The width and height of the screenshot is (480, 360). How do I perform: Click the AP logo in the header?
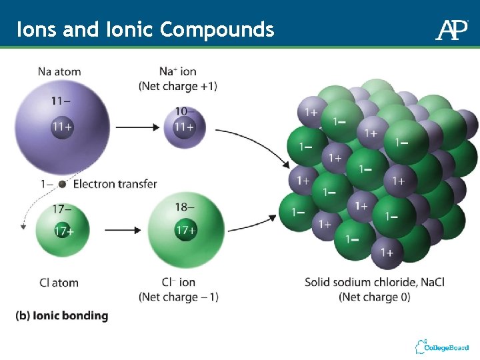(452, 29)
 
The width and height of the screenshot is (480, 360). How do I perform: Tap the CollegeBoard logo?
(442, 347)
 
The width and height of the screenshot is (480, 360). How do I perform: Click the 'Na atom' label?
(59, 71)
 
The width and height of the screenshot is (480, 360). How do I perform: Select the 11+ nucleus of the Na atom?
(62, 126)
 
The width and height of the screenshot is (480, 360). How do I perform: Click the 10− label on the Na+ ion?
(185, 111)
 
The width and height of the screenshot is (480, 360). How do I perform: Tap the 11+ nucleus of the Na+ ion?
(183, 126)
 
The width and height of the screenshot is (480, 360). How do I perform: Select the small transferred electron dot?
(62, 184)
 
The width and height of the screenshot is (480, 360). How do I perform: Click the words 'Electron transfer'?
(115, 184)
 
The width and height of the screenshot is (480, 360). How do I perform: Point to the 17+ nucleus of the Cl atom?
(63, 231)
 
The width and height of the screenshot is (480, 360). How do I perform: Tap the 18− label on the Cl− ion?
(185, 208)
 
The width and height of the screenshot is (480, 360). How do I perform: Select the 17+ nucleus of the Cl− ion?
(185, 231)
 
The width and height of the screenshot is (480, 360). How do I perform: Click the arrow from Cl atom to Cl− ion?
(123, 230)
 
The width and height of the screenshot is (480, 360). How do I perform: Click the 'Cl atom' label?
(59, 283)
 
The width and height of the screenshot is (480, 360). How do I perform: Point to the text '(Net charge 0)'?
(374, 297)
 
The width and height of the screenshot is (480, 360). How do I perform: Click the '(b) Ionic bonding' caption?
(61, 316)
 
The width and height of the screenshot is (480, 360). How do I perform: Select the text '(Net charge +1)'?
(178, 86)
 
